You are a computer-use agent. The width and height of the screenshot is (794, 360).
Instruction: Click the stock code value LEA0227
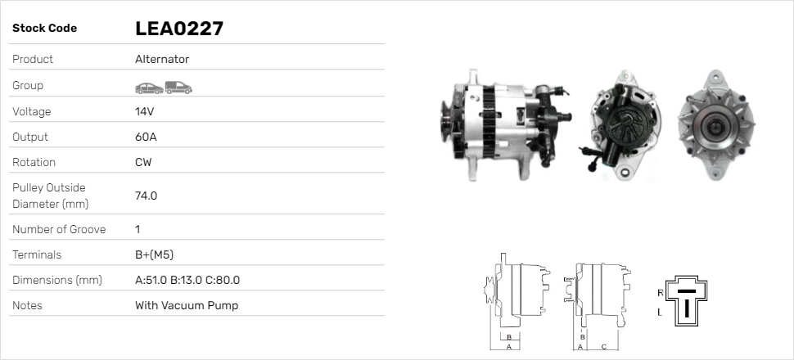(179, 29)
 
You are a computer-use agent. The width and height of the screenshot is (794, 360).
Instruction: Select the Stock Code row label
(45, 29)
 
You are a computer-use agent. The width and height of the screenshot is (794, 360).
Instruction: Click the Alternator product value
(162, 60)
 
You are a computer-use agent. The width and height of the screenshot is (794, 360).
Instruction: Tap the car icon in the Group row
(148, 87)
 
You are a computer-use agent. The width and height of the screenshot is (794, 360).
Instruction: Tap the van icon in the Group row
(178, 87)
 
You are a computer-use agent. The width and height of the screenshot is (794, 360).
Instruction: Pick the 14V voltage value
(145, 111)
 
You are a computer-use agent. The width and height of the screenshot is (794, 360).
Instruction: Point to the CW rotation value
(143, 162)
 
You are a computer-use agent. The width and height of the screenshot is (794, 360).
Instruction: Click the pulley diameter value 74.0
(146, 196)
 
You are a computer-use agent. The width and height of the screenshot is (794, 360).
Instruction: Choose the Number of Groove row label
(59, 229)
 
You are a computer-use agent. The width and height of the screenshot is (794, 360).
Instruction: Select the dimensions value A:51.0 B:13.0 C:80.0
(187, 280)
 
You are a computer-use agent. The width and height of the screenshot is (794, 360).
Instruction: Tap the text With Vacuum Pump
(187, 305)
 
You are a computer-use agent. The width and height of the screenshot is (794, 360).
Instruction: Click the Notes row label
(27, 305)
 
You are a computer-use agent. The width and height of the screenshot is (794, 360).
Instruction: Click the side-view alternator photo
(508, 123)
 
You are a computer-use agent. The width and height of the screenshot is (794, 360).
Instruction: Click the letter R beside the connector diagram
(660, 292)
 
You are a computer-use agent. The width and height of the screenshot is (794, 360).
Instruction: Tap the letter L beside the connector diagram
(660, 313)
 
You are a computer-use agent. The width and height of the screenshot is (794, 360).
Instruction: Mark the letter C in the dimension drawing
(603, 346)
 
